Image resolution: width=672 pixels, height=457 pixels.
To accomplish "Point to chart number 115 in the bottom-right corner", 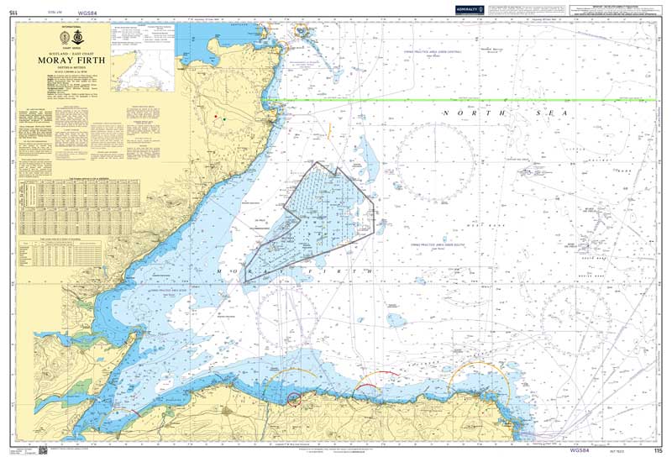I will [x=645, y=450].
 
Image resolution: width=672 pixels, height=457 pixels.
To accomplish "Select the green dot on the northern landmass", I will [x=223, y=119].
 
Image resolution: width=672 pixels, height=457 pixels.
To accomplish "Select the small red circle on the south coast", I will [x=294, y=398].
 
